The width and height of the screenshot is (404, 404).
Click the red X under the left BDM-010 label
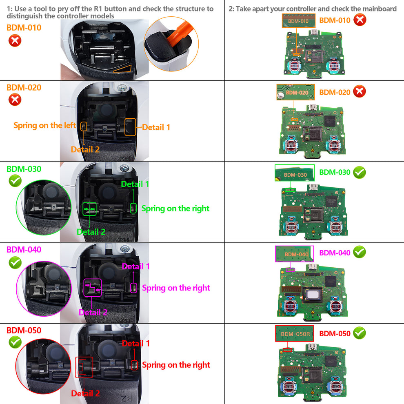point(15,40)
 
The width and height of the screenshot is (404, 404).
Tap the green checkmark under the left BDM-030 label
point(15,181)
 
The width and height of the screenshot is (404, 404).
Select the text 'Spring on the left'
point(44,125)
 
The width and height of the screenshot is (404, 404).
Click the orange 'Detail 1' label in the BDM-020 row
point(156,127)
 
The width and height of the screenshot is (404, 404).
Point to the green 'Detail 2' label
point(91,232)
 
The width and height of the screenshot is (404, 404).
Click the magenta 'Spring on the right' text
point(176,288)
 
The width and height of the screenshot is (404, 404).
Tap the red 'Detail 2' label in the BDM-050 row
point(85,393)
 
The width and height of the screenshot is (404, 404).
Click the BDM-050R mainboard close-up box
point(294,334)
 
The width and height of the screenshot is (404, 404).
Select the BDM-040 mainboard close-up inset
point(294,253)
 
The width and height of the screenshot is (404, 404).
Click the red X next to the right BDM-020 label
point(359,92)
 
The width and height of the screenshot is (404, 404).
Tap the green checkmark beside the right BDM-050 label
point(359,333)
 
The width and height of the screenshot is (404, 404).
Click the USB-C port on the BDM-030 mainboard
point(314,188)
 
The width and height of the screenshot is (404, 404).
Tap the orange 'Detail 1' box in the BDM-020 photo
point(130,127)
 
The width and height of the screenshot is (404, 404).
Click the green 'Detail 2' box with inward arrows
point(90,209)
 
